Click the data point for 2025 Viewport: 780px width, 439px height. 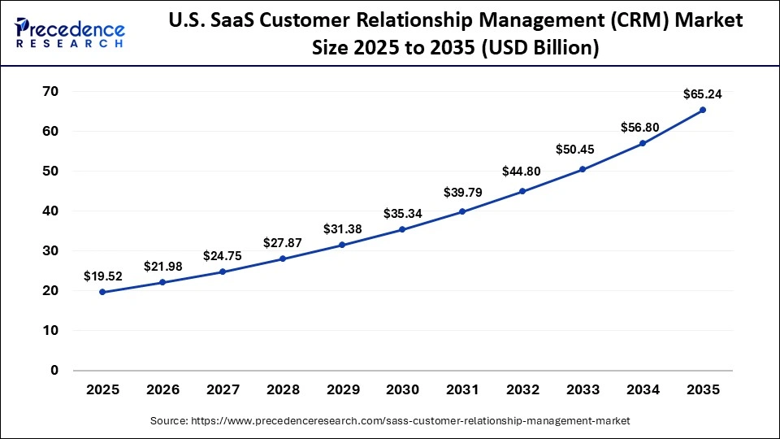tap(102, 292)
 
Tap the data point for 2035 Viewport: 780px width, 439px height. tap(703, 110)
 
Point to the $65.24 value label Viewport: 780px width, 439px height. tap(703, 93)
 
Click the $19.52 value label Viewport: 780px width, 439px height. tap(102, 276)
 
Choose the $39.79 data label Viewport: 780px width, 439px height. tap(461, 193)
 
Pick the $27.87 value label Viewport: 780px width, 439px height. tap(281, 242)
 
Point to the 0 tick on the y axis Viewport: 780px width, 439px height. tap(54, 371)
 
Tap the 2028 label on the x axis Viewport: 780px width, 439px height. tap(282, 390)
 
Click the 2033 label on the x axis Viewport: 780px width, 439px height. tap(583, 390)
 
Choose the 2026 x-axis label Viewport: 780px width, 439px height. tap(162, 390)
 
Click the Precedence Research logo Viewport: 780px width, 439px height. tap(70, 32)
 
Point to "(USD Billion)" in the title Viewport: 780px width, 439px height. tap(540, 48)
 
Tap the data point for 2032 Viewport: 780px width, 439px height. tap(522, 191)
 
